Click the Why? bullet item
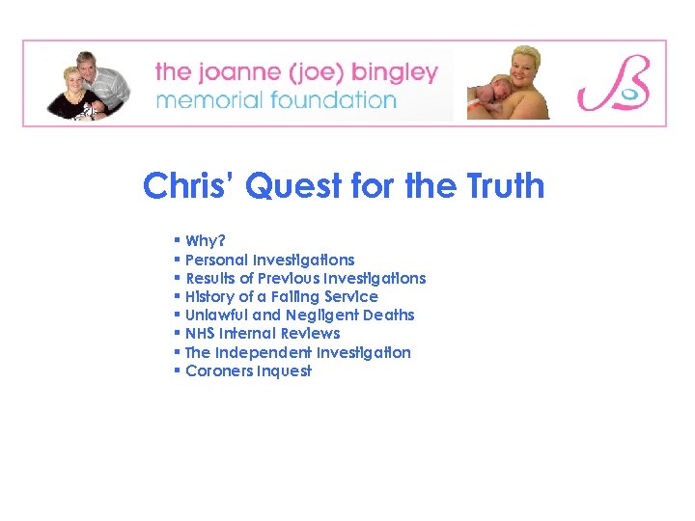206,241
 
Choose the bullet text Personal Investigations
269,260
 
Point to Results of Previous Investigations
305,278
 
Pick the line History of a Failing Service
281,296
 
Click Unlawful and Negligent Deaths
299,315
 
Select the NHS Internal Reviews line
263,333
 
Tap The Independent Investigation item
297,352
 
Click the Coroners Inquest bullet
248,370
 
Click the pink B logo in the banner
614,84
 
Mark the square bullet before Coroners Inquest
178,370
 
